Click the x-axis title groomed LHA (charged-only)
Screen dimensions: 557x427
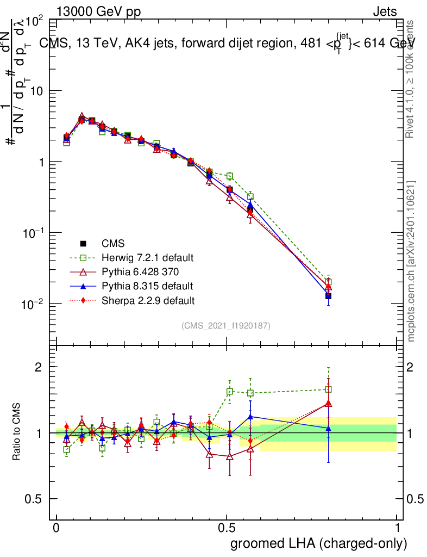point(319,543)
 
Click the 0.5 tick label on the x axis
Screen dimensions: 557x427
point(227,528)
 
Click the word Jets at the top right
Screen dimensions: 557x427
point(385,11)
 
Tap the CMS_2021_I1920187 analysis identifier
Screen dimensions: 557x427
point(226,326)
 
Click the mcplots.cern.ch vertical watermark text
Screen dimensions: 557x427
point(411,261)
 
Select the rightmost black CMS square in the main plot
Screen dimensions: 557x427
point(328,296)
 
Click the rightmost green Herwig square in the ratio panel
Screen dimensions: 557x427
point(328,389)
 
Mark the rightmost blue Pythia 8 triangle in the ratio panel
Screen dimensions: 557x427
point(328,429)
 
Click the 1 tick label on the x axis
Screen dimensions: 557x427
point(397,528)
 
